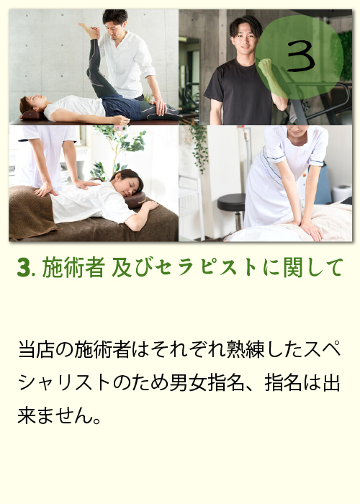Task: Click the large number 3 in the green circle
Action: point(300,57)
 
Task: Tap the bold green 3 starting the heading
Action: point(24,267)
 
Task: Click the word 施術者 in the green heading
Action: point(73,267)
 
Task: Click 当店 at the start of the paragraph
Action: point(36,349)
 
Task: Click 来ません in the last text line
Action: point(55,415)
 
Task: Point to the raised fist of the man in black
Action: point(266,67)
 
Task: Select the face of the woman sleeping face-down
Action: point(131,186)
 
